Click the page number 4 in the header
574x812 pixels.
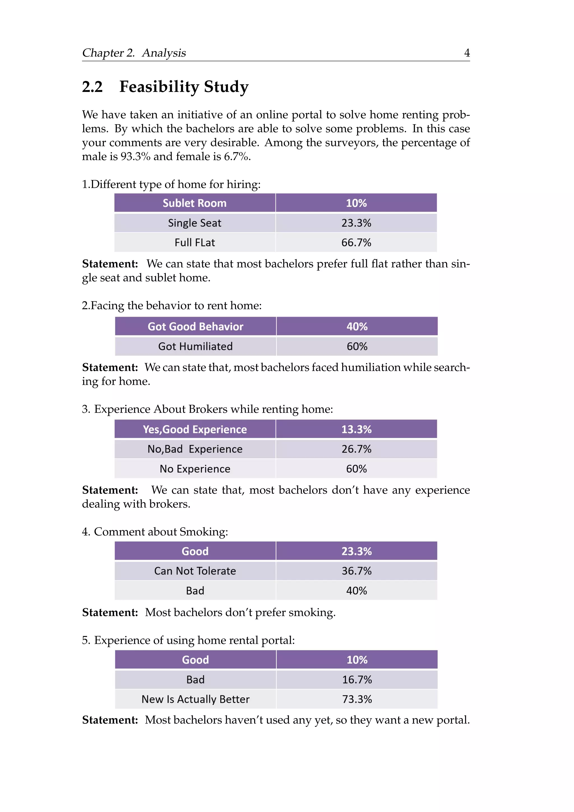tap(467, 53)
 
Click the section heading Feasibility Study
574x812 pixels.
tap(184, 87)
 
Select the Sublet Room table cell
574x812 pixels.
tap(195, 203)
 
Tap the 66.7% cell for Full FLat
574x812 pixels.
tap(356, 243)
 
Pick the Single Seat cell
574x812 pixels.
tap(195, 223)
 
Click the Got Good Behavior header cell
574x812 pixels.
tap(195, 326)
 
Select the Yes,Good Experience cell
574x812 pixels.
tap(195, 429)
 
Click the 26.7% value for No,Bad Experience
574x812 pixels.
tap(356, 449)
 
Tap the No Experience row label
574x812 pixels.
tap(195, 469)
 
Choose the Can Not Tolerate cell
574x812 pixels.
tap(195, 571)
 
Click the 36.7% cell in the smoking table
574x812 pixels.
tap(356, 571)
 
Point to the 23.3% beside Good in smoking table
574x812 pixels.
tap(356, 551)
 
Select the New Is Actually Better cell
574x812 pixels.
tap(195, 699)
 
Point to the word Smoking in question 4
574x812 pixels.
tap(203, 532)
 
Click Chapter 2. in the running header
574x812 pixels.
tap(108, 53)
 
